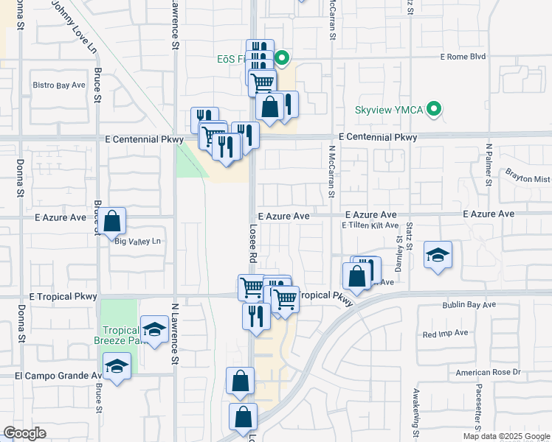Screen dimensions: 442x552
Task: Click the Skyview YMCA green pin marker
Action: tap(435, 110)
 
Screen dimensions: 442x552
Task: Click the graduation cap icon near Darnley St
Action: tap(438, 256)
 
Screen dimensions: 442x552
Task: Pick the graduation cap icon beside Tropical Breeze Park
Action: tap(154, 329)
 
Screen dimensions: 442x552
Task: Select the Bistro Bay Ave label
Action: tap(59, 85)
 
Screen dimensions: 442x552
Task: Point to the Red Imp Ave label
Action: tap(445, 333)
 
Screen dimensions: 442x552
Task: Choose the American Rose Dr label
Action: tap(488, 373)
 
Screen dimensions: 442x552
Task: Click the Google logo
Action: tap(24, 433)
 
